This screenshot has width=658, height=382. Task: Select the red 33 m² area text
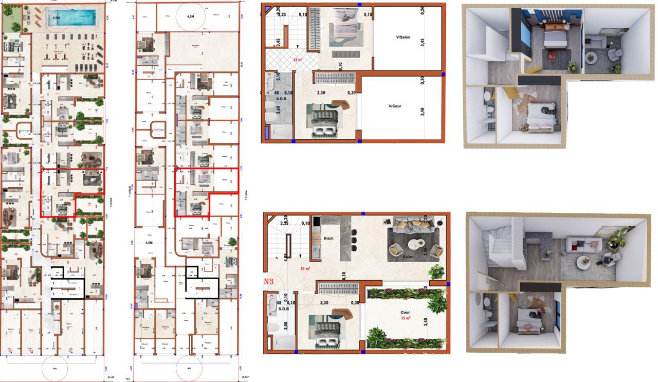[x=298, y=60]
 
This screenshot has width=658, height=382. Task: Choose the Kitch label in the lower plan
[x=329, y=239]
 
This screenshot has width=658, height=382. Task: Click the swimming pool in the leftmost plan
[x=71, y=19]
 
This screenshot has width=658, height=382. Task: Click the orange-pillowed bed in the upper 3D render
[x=555, y=39]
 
